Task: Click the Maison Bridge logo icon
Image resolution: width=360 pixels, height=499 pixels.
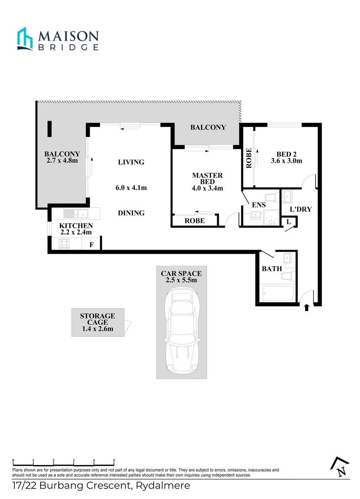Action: [x=25, y=38]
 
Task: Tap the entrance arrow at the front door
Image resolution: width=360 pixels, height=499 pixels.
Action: [x=306, y=308]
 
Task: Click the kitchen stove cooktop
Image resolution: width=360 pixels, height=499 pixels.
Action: [x=64, y=244]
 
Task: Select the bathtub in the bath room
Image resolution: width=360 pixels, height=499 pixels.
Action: [x=277, y=293]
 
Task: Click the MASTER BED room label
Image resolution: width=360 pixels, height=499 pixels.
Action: [x=207, y=178]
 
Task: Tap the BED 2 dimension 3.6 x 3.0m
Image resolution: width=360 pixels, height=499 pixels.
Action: [x=286, y=161]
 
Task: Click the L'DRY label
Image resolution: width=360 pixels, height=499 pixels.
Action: [x=300, y=209]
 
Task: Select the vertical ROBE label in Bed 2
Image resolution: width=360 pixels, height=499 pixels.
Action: [x=249, y=158]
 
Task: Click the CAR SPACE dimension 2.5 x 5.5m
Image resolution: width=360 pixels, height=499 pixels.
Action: [x=181, y=280]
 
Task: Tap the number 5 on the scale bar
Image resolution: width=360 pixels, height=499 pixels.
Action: [x=114, y=461]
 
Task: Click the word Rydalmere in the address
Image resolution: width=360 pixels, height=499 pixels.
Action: [x=164, y=486]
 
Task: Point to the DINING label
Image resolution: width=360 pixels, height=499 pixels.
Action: [x=131, y=213]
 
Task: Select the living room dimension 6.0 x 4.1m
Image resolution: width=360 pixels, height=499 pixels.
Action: [x=131, y=188]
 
